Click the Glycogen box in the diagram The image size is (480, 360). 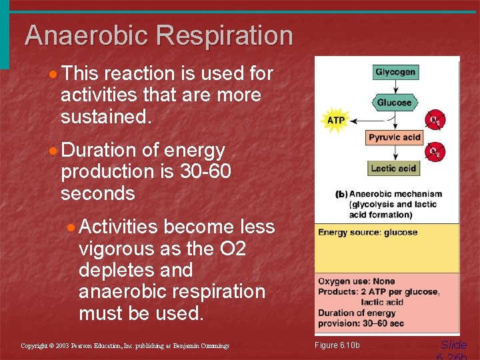tap(395, 72)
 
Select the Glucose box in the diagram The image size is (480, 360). tap(394, 103)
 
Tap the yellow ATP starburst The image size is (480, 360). tap(335, 121)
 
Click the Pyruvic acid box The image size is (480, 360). tap(395, 138)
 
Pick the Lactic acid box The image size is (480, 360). tap(393, 168)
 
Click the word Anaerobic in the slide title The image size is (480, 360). tap(84, 35)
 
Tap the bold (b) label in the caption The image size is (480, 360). tap(341, 195)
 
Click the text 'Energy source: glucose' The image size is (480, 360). tap(367, 233)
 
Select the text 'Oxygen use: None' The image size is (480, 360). tap(356, 281)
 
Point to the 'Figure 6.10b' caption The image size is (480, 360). tap(337, 345)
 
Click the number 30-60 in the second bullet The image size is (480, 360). tap(205, 171)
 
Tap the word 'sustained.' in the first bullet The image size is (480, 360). tap(106, 117)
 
